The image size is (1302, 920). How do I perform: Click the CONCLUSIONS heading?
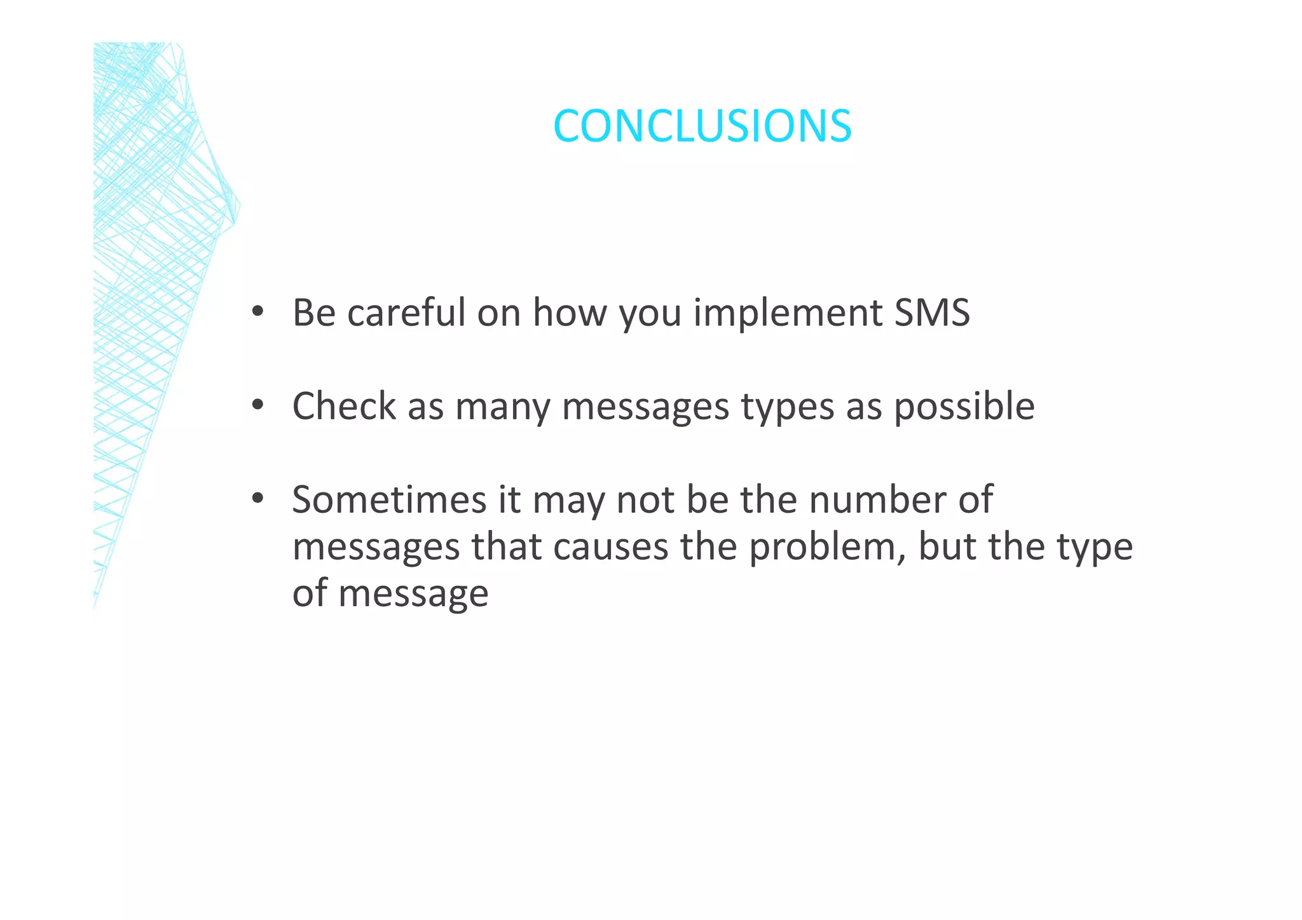point(702,126)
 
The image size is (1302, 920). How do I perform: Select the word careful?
point(406,313)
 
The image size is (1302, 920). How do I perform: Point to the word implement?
point(787,314)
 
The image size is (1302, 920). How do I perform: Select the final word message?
point(413,594)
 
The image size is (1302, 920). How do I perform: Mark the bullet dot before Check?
point(257,405)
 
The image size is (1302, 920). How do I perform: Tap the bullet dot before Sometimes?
point(257,499)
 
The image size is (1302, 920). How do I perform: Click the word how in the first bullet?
point(570,313)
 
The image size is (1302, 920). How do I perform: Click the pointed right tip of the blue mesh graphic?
point(240,205)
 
